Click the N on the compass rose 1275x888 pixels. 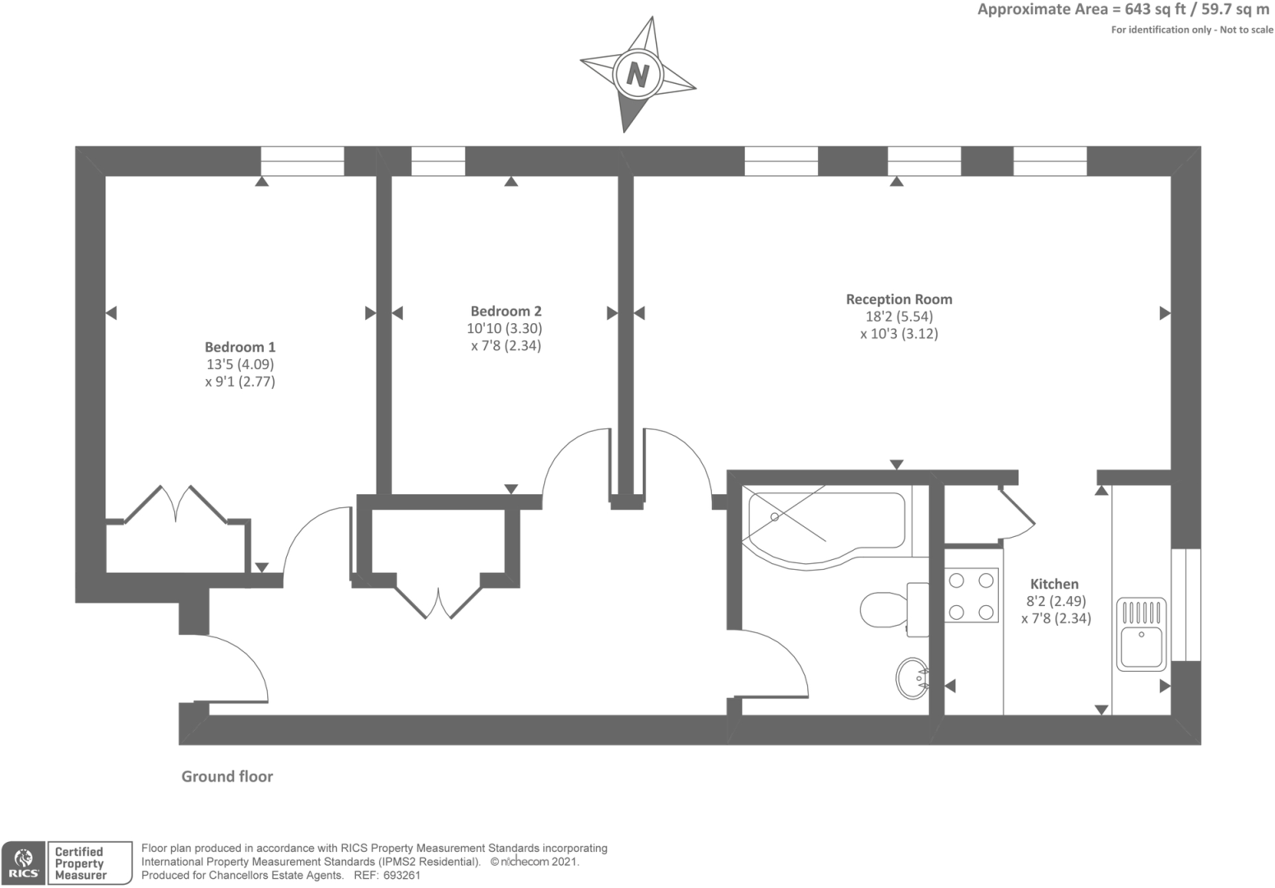[x=638, y=75]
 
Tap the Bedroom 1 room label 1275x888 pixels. [x=240, y=347]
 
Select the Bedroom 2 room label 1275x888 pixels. [x=506, y=312]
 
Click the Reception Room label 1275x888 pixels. [x=899, y=299]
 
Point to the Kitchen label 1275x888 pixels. [x=1054, y=584]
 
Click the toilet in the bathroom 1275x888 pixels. [x=894, y=609]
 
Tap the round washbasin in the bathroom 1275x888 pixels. [x=912, y=678]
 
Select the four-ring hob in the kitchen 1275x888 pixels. [x=972, y=596]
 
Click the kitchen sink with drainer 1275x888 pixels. [x=1141, y=634]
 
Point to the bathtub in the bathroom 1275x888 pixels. [x=825, y=527]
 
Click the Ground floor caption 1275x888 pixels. [x=227, y=776]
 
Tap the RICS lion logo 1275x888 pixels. [x=23, y=863]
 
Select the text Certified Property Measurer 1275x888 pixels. [x=81, y=863]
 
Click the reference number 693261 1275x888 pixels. [x=402, y=876]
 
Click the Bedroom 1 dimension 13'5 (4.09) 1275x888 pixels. [x=240, y=364]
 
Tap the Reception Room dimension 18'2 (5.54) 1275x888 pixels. [x=899, y=317]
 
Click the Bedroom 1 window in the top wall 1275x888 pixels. [x=303, y=161]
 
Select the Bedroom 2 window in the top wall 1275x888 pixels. [x=438, y=161]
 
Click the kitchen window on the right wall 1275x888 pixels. [x=1186, y=604]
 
